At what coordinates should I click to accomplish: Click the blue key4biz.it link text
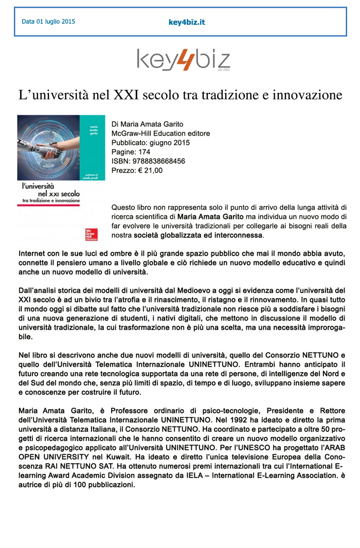click(187, 22)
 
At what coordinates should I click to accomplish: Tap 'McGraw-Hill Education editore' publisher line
click(160, 133)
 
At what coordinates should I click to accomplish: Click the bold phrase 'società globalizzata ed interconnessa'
click(199, 236)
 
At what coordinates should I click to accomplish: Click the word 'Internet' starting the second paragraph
click(32, 254)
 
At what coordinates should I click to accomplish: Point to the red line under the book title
click(48, 205)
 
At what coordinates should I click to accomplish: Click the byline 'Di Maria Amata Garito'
click(147, 124)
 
